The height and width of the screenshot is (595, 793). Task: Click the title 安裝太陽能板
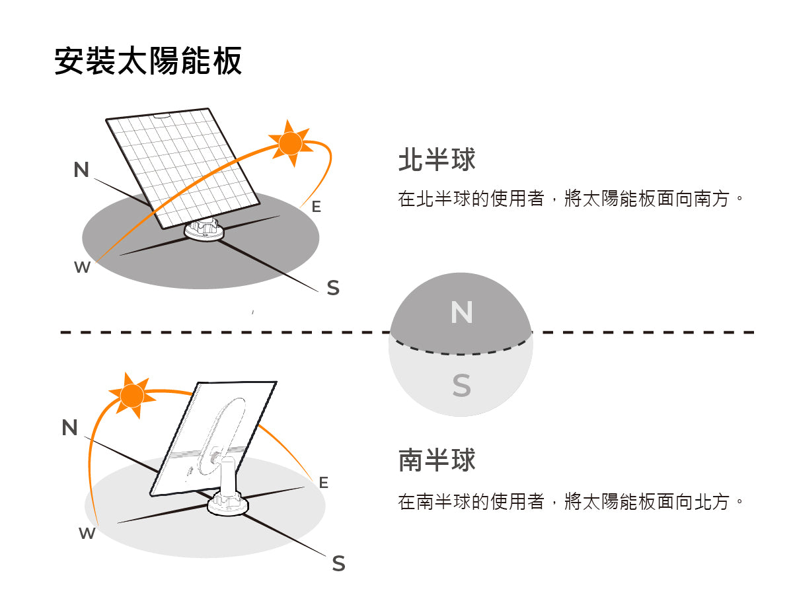click(x=148, y=61)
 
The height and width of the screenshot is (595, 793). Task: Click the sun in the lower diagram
click(x=133, y=395)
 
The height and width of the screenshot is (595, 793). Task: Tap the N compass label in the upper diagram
click(x=81, y=170)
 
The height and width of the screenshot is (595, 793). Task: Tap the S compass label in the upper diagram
click(x=333, y=288)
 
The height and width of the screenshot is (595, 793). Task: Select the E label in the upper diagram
click(x=316, y=207)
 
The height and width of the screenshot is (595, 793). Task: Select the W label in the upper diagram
click(x=82, y=267)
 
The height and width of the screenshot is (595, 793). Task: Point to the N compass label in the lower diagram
click(x=69, y=428)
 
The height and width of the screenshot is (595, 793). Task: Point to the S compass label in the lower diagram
click(x=338, y=563)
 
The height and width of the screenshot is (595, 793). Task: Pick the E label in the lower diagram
click(x=323, y=483)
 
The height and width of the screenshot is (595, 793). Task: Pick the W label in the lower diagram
click(x=87, y=534)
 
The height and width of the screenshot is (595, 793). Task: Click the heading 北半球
click(x=437, y=160)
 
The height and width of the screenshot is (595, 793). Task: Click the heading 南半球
click(x=437, y=460)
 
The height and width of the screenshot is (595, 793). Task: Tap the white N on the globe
click(x=461, y=312)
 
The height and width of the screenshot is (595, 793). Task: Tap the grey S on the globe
click(x=461, y=385)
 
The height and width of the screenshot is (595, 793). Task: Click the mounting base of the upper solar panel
click(x=204, y=231)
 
